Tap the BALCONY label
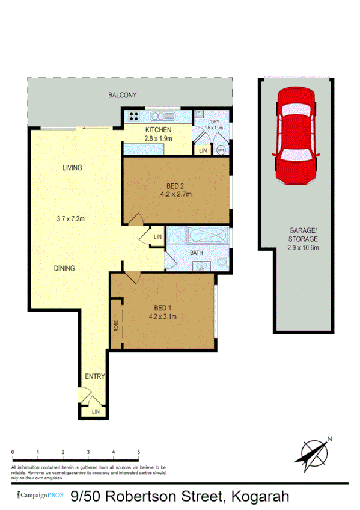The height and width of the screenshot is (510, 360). click(123, 95)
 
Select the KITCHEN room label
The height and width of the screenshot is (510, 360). click(159, 130)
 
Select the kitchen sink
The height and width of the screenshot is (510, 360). click(163, 116)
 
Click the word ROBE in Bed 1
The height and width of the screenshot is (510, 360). click(115, 325)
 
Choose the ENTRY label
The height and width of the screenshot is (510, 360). click(95, 377)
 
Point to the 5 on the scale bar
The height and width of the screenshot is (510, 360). click(139, 451)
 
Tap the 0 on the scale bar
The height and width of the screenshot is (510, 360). click(13, 451)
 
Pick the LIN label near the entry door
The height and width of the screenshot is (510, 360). click(96, 412)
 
